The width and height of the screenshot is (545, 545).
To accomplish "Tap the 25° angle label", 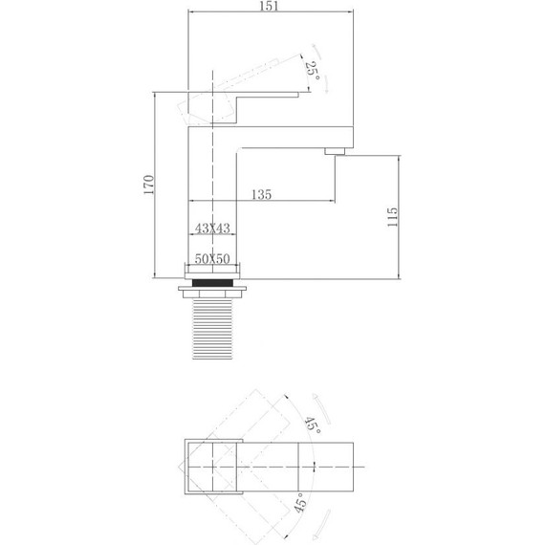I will tap(312, 69).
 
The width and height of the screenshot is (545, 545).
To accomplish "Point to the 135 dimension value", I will tap(261, 194).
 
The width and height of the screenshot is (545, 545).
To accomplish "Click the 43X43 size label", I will tap(211, 229).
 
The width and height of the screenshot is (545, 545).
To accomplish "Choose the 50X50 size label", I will tap(211, 258).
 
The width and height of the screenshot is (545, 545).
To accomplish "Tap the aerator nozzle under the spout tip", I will tap(336, 151).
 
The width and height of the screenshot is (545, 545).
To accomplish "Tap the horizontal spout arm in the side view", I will tap(296, 134).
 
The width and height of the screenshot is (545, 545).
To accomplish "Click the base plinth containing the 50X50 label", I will tap(211, 268).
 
